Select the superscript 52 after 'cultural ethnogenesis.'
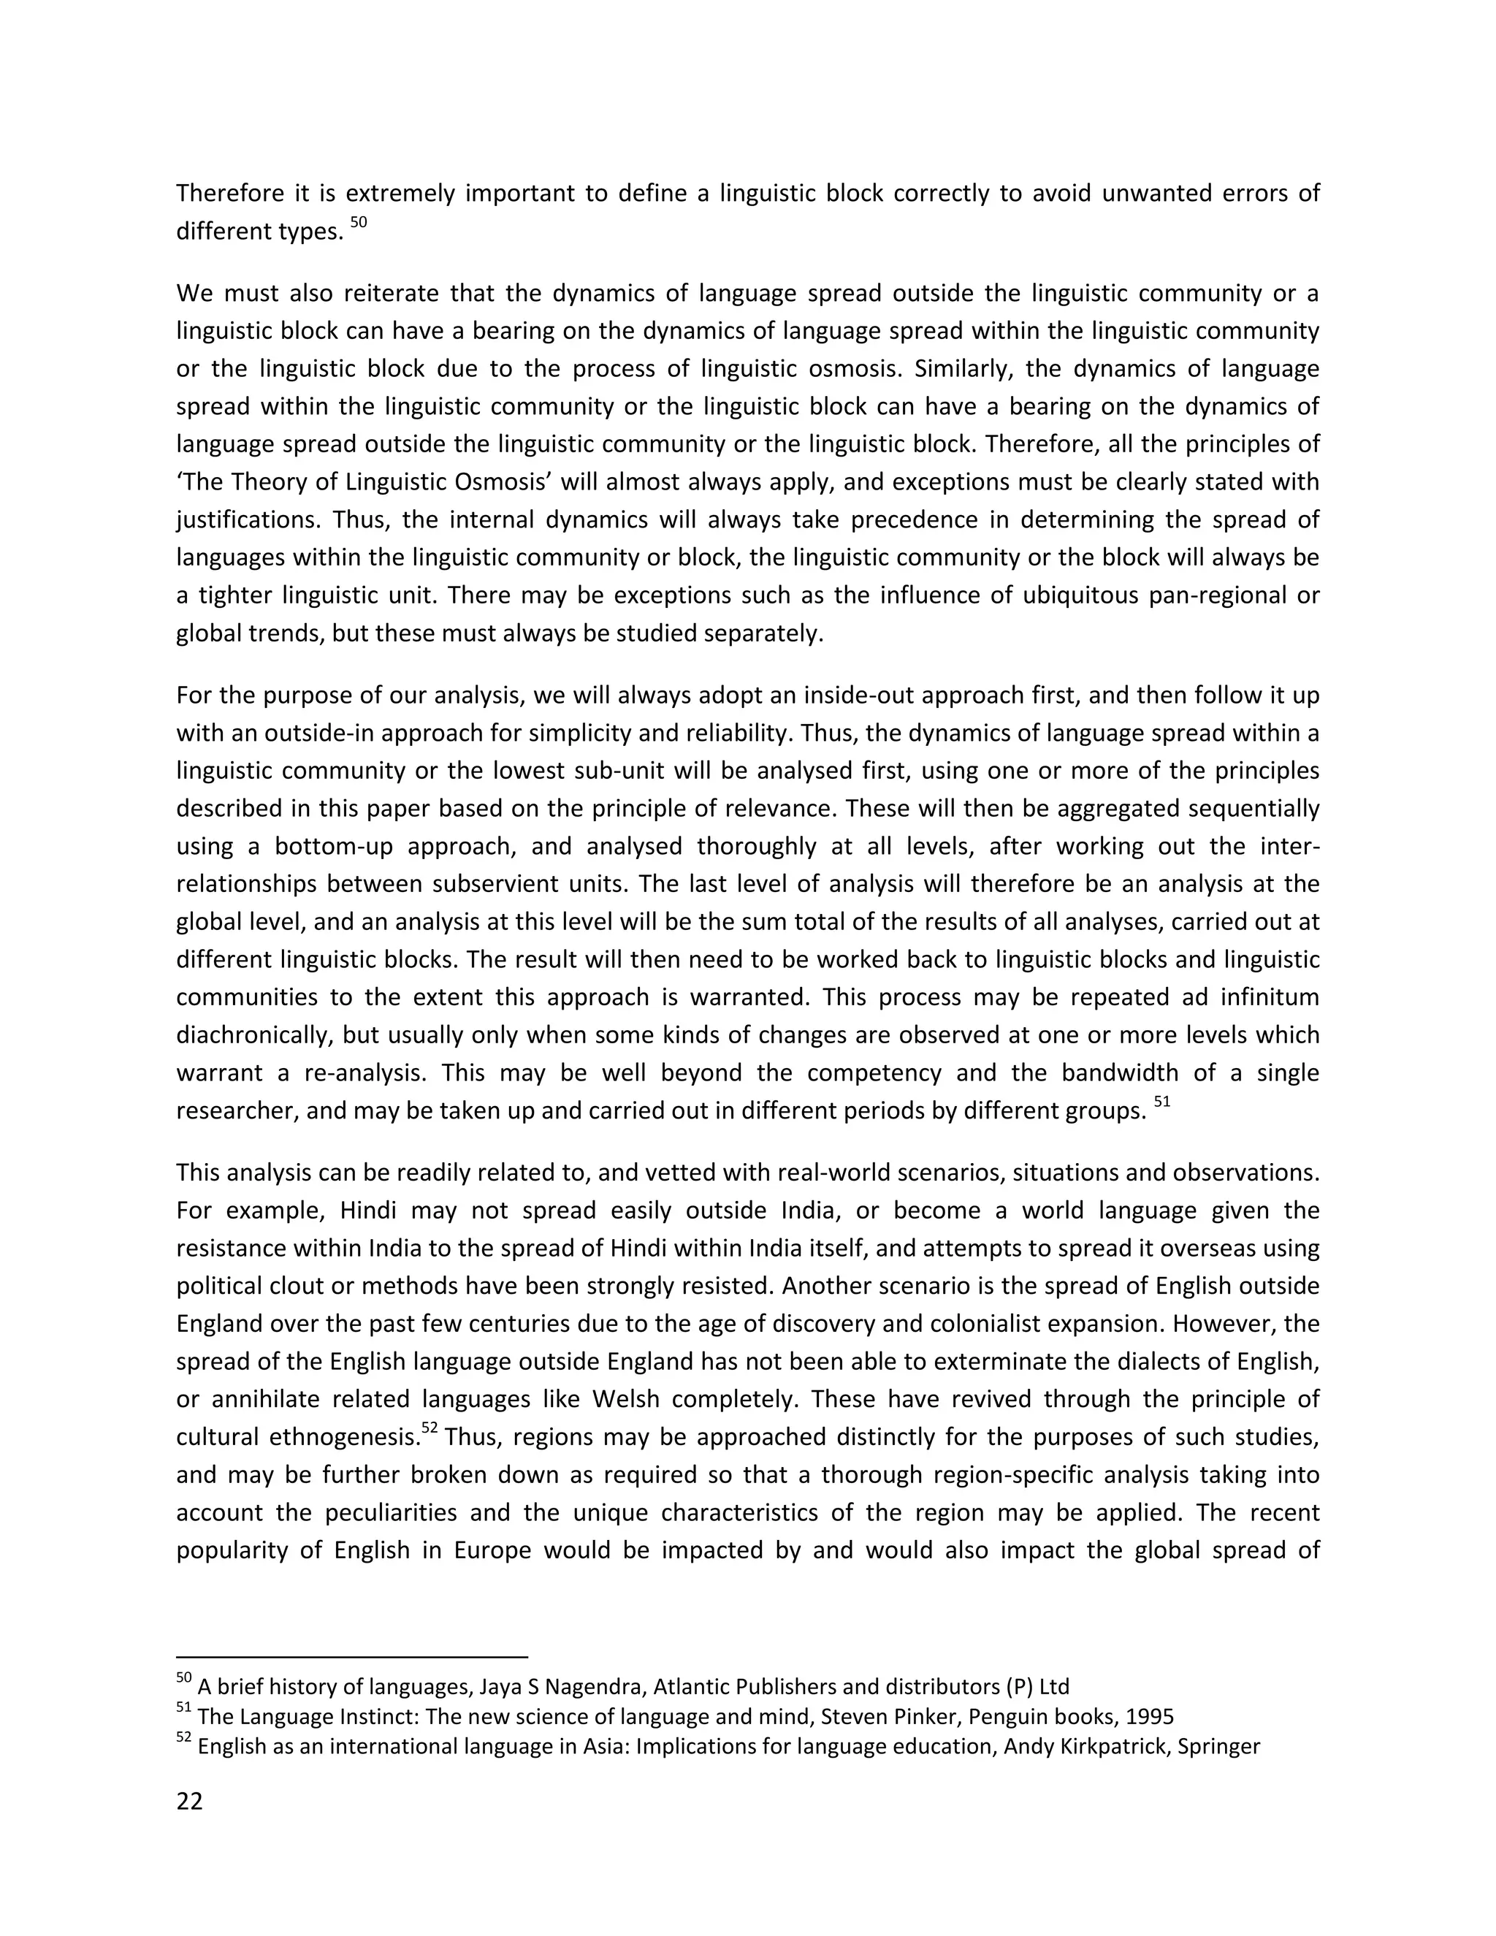click(430, 1428)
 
